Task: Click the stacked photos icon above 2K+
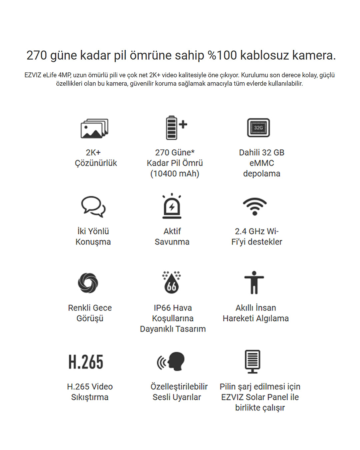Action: pyautogui.click(x=94, y=128)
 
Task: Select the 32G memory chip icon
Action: pyautogui.click(x=258, y=128)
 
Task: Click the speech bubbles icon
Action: pyautogui.click(x=93, y=206)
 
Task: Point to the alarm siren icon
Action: pyautogui.click(x=172, y=206)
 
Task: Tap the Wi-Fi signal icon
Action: pyautogui.click(x=255, y=206)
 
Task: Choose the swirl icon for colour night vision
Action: pyautogui.click(x=88, y=283)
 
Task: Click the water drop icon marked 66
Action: pyautogui.click(x=172, y=282)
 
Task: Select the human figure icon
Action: pyautogui.click(x=254, y=282)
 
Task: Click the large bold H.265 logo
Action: pyautogui.click(x=86, y=362)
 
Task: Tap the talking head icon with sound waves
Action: pyautogui.click(x=171, y=361)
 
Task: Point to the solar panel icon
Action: pyautogui.click(x=252, y=361)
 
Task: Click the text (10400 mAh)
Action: pyautogui.click(x=175, y=174)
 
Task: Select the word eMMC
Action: pyautogui.click(x=262, y=163)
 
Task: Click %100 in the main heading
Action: pyautogui.click(x=222, y=55)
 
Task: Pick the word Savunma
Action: pyautogui.click(x=172, y=242)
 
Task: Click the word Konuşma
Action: pyautogui.click(x=93, y=242)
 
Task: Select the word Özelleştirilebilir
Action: pyautogui.click(x=179, y=386)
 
